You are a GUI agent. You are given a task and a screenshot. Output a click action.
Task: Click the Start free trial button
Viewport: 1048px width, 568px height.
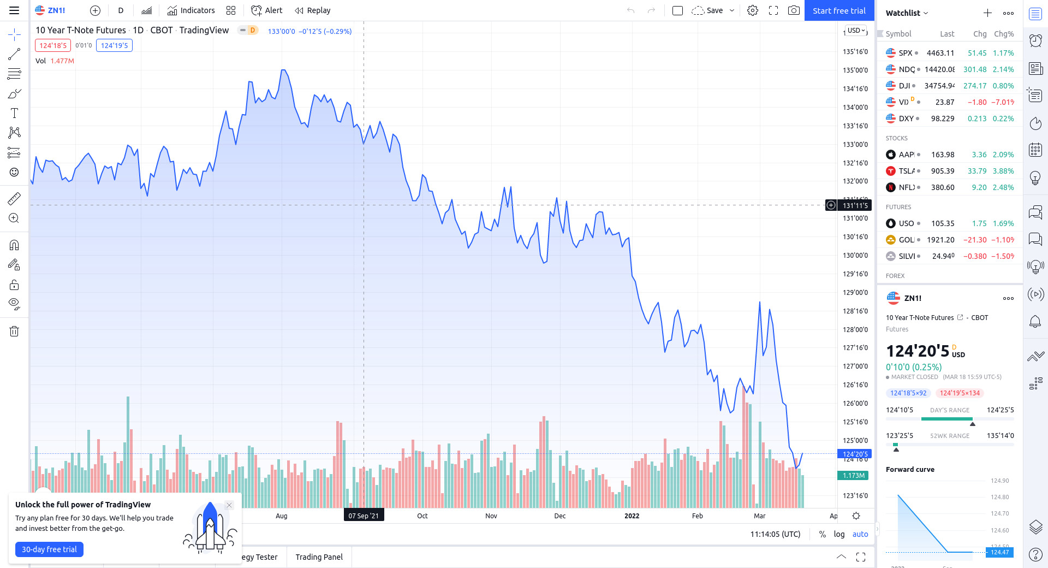839,10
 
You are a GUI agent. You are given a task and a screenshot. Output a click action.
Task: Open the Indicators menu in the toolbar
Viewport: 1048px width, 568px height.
191,10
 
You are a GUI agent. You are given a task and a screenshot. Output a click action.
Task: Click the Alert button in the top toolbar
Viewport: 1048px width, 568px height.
266,10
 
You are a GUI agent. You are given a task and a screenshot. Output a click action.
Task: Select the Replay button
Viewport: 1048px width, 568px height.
313,10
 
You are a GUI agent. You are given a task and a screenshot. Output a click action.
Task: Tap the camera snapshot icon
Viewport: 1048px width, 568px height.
794,10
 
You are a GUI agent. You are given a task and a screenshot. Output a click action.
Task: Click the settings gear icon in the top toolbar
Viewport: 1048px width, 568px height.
753,10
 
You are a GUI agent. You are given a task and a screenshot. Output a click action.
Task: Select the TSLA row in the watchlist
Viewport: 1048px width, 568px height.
950,171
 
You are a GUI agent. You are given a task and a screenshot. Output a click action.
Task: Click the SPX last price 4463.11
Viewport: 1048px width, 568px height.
940,53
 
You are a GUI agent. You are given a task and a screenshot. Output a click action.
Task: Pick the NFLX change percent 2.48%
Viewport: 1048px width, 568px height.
1003,187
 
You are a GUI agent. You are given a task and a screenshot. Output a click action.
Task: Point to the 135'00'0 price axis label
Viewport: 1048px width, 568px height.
855,70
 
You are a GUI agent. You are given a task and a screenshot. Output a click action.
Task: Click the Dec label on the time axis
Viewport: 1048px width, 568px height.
560,516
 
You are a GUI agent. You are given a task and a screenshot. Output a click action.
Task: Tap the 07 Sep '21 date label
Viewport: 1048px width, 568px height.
364,516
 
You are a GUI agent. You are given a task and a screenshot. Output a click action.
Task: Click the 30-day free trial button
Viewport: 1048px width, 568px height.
49,549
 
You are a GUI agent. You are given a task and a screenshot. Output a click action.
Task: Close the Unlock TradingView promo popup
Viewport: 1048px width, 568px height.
229,505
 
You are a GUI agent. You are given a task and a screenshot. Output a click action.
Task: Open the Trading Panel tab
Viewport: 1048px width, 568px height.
319,557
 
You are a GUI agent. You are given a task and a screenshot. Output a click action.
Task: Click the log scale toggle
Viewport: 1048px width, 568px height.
839,534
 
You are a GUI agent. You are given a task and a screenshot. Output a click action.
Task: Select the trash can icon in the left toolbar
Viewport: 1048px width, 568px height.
14,331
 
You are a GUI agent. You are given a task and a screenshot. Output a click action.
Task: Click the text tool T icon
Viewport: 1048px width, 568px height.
14,113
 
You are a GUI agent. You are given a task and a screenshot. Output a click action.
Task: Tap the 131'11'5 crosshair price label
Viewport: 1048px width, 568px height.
855,205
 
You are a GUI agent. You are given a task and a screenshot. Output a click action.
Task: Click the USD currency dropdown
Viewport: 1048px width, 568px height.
856,31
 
